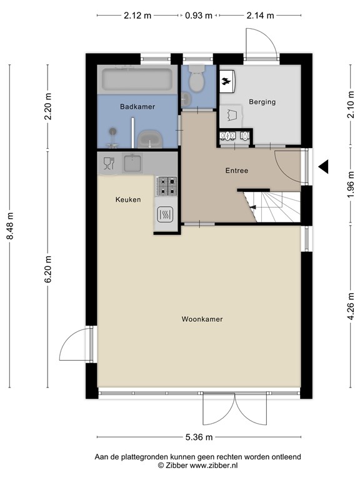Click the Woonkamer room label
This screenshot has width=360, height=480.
[202, 319]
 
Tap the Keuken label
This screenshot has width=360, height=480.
[128, 199]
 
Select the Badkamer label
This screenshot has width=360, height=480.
[137, 106]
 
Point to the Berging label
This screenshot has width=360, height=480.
[262, 102]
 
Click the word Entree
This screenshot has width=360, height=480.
[237, 171]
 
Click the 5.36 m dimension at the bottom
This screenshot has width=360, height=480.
[199, 437]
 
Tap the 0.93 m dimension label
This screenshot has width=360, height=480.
[199, 15]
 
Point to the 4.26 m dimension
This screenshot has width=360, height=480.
[351, 306]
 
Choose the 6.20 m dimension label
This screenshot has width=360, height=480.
[48, 269]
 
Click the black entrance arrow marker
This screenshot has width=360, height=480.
[323, 167]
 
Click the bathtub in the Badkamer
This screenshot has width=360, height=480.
[137, 79]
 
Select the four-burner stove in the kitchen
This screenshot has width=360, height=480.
[166, 186]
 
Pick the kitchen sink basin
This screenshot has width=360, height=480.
[132, 163]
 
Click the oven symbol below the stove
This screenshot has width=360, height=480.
[165, 214]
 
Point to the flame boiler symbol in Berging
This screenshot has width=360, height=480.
[227, 81]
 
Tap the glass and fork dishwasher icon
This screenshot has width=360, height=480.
[109, 163]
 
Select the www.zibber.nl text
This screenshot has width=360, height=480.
[214, 466]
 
